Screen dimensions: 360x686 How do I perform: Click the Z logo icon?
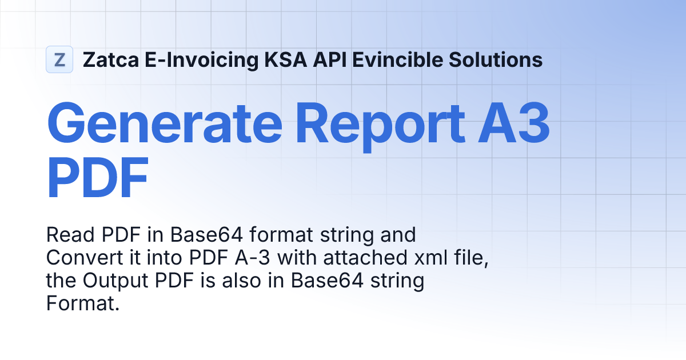pyautogui.click(x=59, y=59)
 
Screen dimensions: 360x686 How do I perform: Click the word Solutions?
pyautogui.click(x=496, y=59)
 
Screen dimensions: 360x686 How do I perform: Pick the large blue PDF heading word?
pyautogui.click(x=97, y=178)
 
